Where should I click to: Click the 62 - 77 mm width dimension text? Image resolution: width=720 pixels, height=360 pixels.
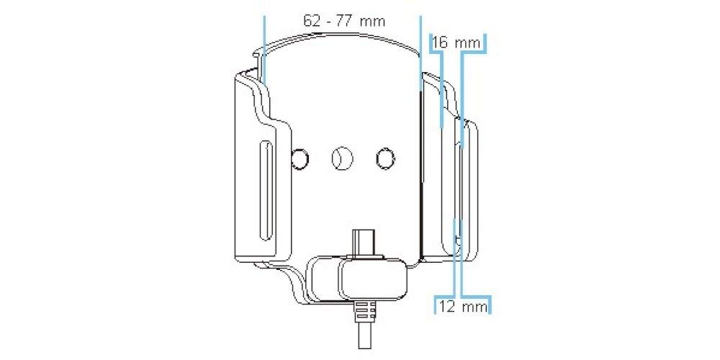343,21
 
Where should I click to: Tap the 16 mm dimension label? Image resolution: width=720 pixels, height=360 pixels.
456,43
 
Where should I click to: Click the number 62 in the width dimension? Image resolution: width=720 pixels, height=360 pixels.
311,21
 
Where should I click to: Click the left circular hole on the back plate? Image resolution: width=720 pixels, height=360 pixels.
300,158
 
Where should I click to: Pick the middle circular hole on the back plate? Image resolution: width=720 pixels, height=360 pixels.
341,158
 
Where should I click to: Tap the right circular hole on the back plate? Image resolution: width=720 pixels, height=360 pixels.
385,158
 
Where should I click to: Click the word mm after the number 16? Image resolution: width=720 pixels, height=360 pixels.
467,43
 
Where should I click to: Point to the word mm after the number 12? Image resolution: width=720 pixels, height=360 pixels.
474,307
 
